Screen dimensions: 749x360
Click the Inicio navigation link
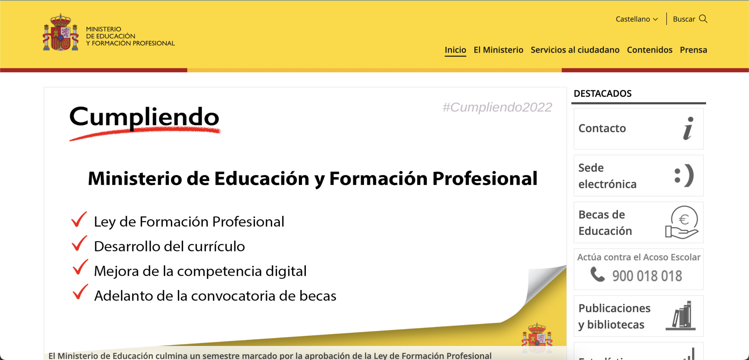click(455, 50)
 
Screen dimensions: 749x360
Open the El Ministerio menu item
click(498, 50)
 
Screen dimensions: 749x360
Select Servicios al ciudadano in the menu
click(575, 50)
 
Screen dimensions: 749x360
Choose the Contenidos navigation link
click(650, 50)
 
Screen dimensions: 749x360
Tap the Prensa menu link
click(693, 50)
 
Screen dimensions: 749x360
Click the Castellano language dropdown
click(637, 19)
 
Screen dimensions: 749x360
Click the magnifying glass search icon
click(703, 19)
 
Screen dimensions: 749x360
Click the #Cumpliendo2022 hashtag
click(497, 107)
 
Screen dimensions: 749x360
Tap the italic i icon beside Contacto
click(688, 128)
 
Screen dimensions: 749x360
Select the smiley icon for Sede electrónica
click(684, 176)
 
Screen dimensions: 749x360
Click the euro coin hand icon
click(682, 222)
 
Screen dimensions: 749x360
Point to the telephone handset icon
click(597, 274)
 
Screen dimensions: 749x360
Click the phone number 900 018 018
click(647, 276)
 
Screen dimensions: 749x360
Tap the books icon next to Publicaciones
click(681, 316)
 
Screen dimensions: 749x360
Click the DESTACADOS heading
click(603, 94)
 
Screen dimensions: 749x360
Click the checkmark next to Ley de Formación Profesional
click(79, 219)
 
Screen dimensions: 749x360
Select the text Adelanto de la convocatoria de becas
click(215, 296)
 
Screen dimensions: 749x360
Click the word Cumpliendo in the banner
click(144, 117)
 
